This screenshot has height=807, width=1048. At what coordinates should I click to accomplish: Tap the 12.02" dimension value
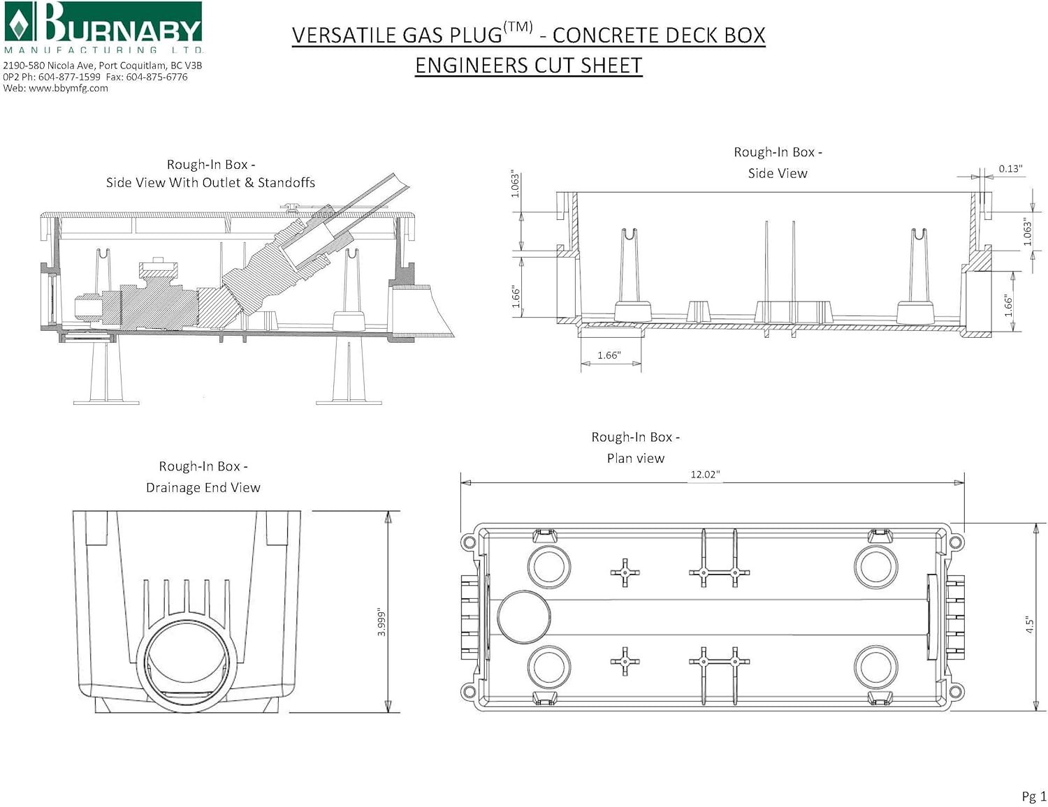pyautogui.click(x=705, y=475)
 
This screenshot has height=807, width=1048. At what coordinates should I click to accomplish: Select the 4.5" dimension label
pyautogui.click(x=1029, y=624)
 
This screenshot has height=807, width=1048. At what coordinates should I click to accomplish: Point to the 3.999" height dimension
pyautogui.click(x=381, y=621)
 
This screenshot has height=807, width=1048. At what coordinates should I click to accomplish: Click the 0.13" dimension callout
pyautogui.click(x=1010, y=169)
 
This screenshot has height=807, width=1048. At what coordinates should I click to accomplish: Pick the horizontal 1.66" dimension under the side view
pyautogui.click(x=609, y=355)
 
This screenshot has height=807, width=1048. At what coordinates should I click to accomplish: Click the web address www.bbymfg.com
pyautogui.click(x=68, y=89)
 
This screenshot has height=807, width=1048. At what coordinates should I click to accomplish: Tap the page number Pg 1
pyautogui.click(x=1034, y=796)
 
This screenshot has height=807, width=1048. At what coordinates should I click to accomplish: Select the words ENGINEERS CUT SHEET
pyautogui.click(x=528, y=66)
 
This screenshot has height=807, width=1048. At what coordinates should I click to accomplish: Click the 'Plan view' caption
pyautogui.click(x=635, y=459)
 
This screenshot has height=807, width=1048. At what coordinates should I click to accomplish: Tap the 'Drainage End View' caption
pyautogui.click(x=203, y=488)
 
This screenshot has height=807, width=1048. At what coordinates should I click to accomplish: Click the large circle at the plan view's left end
pyautogui.click(x=523, y=617)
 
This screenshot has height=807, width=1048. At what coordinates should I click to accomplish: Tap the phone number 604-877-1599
pyautogui.click(x=69, y=77)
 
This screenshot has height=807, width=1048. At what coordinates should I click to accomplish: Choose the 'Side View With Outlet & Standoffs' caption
pyautogui.click(x=210, y=183)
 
